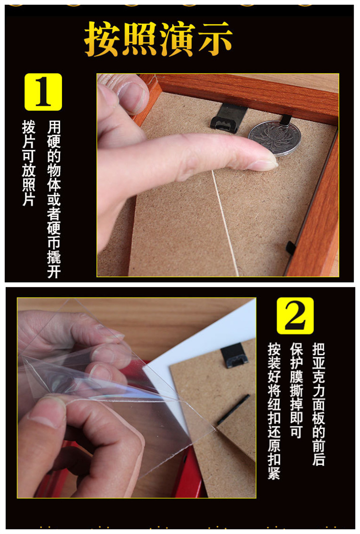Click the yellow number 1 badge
coord(43,92)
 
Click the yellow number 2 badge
coord(295,316)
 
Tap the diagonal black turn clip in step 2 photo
coord(233,409)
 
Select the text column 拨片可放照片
coord(29,163)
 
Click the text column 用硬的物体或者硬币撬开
coord(54,199)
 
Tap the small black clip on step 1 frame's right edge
coord(291,248)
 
